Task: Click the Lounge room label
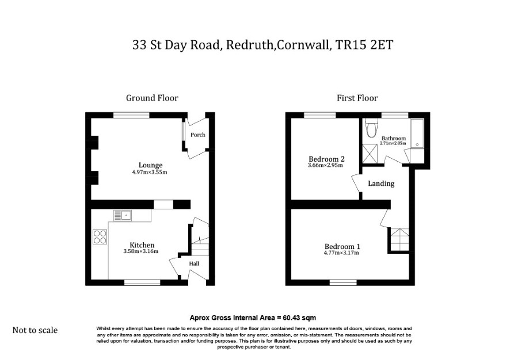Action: [150, 165]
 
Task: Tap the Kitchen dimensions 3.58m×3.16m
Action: [141, 251]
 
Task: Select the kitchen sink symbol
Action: [122, 215]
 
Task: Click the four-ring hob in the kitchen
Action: [100, 237]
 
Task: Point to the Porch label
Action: [198, 135]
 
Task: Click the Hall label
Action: [194, 263]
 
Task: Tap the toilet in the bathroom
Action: [371, 128]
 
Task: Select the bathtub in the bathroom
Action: [417, 133]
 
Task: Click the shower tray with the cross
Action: [370, 154]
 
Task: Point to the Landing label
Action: [381, 183]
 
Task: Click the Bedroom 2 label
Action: [326, 159]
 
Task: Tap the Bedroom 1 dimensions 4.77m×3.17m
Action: [341, 253]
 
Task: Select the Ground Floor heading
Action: [152, 98]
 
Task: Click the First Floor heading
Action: [357, 98]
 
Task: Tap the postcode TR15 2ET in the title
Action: [364, 45]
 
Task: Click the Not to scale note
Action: [35, 330]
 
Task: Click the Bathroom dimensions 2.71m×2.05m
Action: [393, 143]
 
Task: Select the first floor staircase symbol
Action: [399, 239]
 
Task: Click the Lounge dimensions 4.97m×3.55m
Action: [150, 172]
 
